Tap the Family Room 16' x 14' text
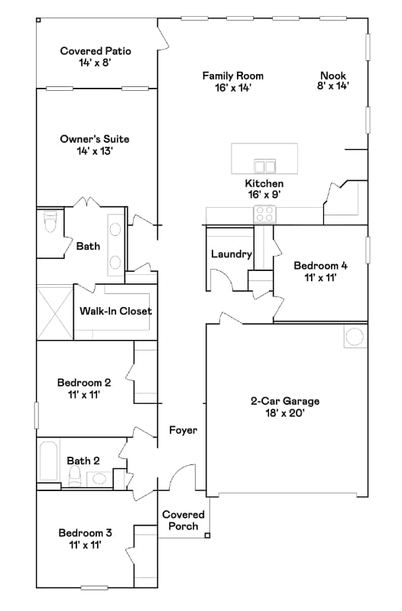click(x=232, y=82)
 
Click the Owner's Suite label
click(x=95, y=145)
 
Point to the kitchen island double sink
click(x=265, y=166)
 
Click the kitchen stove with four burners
click(x=264, y=214)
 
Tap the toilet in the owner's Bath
click(x=50, y=223)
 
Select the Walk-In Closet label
click(x=115, y=312)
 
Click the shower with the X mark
click(x=54, y=312)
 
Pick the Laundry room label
click(x=231, y=254)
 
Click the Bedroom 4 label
click(x=321, y=272)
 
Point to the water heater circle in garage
click(x=354, y=337)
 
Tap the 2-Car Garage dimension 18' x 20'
click(x=285, y=413)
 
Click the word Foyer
click(x=183, y=431)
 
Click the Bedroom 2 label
click(x=84, y=389)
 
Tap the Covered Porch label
click(x=183, y=520)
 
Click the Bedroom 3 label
click(x=84, y=538)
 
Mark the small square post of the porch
click(x=207, y=535)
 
